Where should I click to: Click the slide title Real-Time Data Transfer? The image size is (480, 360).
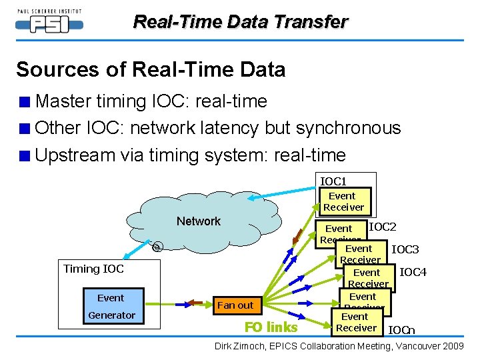coord(240,21)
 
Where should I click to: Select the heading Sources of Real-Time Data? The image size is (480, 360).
coord(151,69)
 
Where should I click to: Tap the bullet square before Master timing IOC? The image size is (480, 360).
coord(25,102)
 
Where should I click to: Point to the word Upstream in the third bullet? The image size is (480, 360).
coord(75,155)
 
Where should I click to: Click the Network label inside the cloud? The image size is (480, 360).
coord(198,221)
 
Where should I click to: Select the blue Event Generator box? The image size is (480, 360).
coord(111,307)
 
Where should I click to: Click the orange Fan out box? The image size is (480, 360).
coord(235,305)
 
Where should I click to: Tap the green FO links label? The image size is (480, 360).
coord(271,327)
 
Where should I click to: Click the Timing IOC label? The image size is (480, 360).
coord(93,269)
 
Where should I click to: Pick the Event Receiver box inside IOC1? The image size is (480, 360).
coord(343,201)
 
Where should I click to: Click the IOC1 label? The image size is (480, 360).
coord(333,181)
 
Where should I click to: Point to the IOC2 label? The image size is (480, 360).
coord(383,227)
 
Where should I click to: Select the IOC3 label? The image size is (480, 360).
coord(405,250)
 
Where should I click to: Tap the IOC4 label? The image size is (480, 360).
coord(412,272)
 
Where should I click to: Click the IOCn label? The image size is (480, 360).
coord(401,329)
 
